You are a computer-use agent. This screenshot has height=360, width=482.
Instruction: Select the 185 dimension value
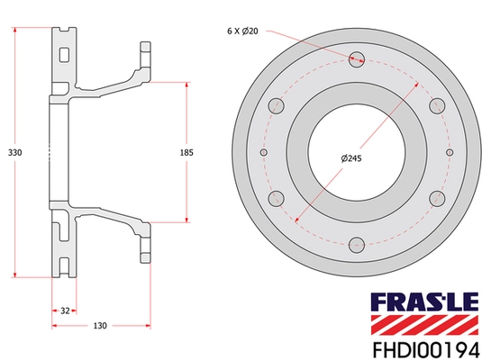186,152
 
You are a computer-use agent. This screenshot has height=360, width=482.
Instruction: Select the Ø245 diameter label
353,159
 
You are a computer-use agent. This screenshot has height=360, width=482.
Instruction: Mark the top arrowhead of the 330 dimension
16,31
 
